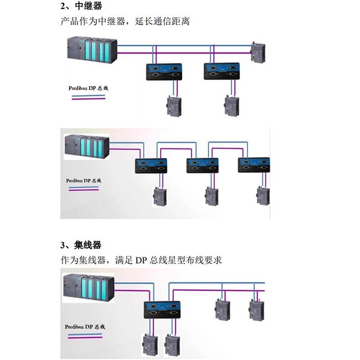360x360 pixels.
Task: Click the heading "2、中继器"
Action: point(81,6)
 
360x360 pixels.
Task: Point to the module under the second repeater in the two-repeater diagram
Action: point(231,107)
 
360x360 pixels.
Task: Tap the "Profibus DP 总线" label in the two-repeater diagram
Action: point(88,88)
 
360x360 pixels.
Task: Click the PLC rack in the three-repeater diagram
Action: point(86,147)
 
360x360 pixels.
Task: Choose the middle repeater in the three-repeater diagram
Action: point(202,166)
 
